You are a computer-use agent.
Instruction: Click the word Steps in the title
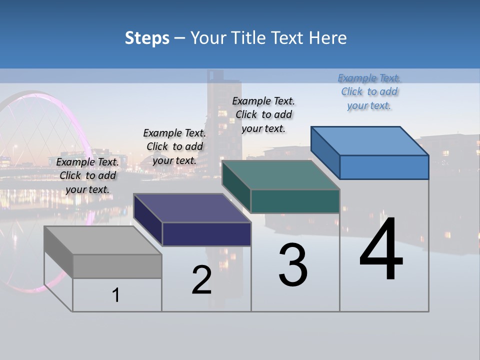[147, 38]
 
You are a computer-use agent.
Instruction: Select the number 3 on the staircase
[293, 265]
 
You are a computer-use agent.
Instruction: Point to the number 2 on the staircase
[201, 280]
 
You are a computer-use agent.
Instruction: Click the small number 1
[116, 295]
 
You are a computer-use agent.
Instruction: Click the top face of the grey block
[102, 240]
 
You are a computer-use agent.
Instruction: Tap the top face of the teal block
[280, 175]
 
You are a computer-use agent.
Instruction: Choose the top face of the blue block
[369, 141]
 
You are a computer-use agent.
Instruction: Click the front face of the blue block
[384, 167]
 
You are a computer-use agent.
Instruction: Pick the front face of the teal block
[295, 201]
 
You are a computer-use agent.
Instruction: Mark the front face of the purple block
[206, 234]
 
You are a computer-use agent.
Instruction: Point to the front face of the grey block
[117, 266]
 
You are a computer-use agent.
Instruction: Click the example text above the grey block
[87, 175]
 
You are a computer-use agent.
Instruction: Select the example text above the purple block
[174, 146]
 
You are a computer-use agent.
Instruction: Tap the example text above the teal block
[263, 114]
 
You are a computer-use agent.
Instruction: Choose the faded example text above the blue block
[369, 91]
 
